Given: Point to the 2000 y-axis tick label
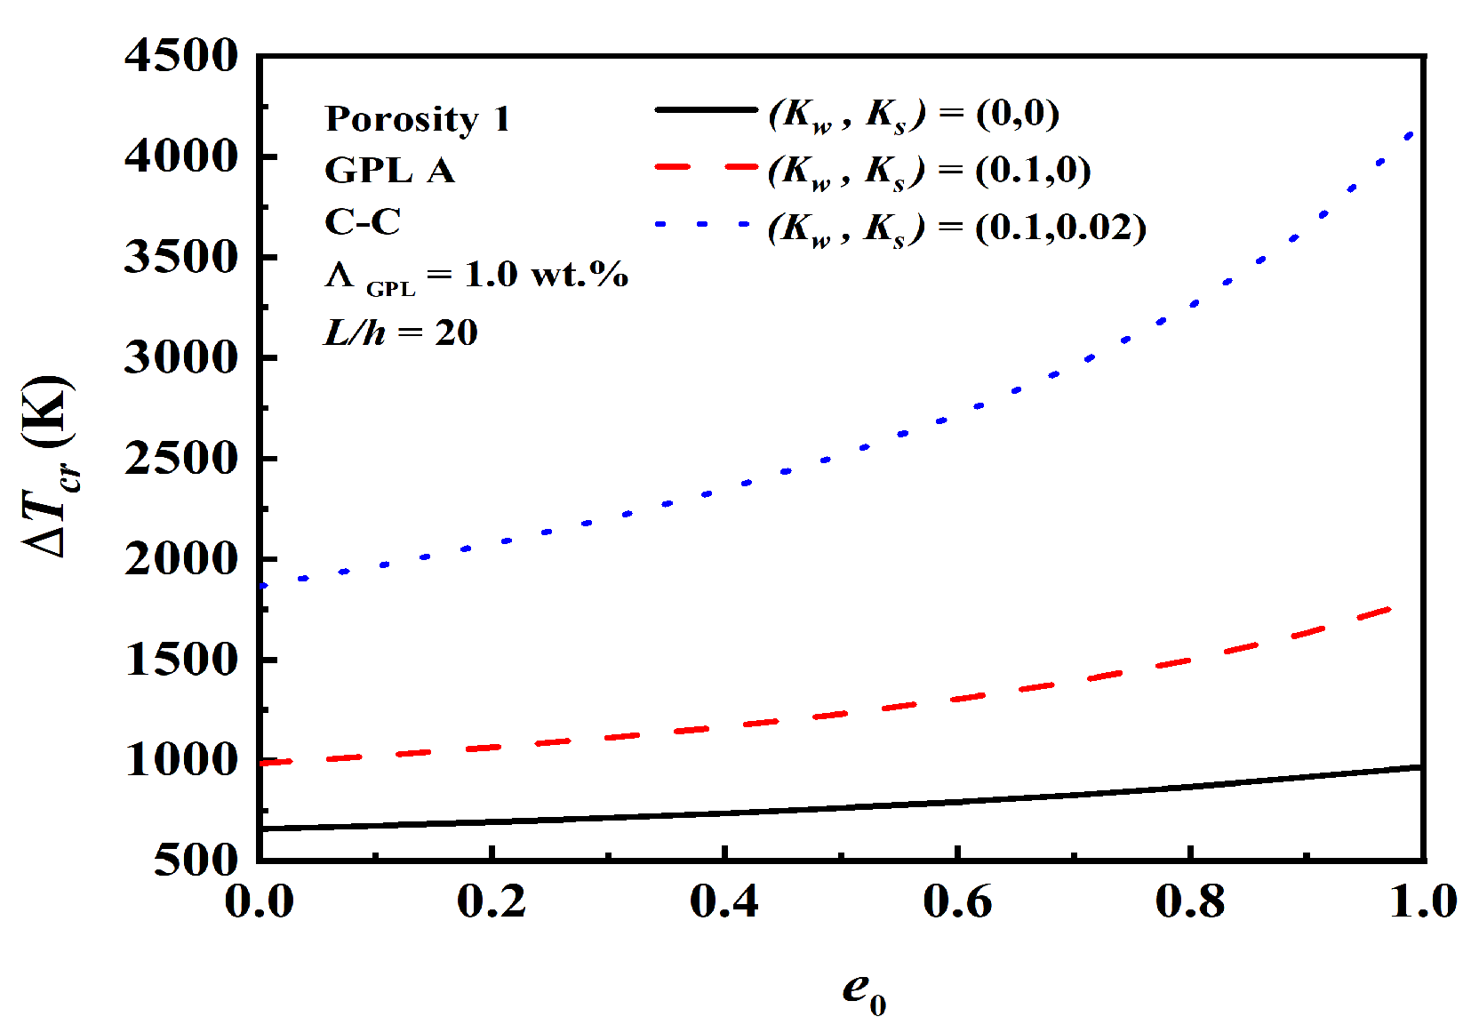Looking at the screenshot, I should [x=181, y=559].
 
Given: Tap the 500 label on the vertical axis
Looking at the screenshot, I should [x=196, y=860].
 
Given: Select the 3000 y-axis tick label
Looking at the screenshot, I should [x=181, y=357].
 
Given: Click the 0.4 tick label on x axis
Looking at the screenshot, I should [x=724, y=901].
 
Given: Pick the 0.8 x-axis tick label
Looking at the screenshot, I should [x=1190, y=901].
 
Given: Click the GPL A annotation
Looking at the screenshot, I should [x=389, y=170].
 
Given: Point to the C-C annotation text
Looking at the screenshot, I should [x=363, y=221].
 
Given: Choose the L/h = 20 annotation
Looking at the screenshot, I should [x=401, y=332].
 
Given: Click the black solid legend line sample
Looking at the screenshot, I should [x=706, y=110].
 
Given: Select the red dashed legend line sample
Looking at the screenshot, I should [x=706, y=166].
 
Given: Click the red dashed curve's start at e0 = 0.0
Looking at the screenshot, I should [x=261, y=763].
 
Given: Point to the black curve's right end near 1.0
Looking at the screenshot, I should [x=1419, y=766].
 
